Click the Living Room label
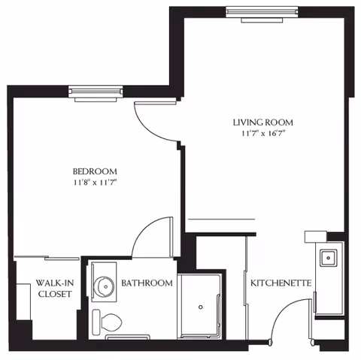pyautogui.click(x=262, y=123)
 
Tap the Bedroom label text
pyautogui.click(x=95, y=170)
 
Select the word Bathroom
pyautogui.click(x=147, y=283)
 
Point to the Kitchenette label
pyautogui.click(x=281, y=283)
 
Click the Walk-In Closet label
pyautogui.click(x=55, y=289)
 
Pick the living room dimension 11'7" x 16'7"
pyautogui.click(x=262, y=134)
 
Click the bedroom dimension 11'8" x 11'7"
pyautogui.click(x=95, y=182)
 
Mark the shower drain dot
pyautogui.click(x=200, y=307)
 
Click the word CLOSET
pyautogui.click(x=55, y=294)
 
